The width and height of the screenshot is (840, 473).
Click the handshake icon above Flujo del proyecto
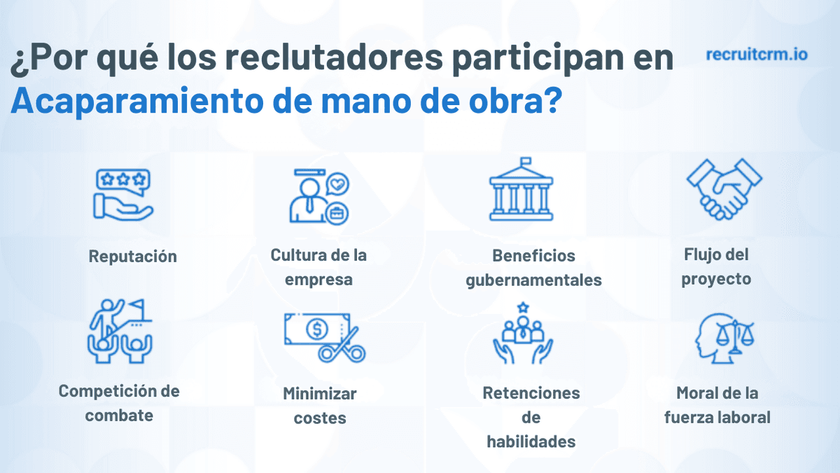point(724,188)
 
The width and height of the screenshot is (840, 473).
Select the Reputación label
point(133,256)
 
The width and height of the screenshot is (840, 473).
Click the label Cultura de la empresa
point(318,267)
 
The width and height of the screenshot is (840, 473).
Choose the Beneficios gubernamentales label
point(533,268)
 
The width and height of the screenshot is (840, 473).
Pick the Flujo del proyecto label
point(716,266)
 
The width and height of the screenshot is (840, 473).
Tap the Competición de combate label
point(119,402)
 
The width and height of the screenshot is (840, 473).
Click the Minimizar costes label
point(320,405)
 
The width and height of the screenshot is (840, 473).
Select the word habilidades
point(531,441)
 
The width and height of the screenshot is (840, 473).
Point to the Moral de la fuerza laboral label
point(717,405)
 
